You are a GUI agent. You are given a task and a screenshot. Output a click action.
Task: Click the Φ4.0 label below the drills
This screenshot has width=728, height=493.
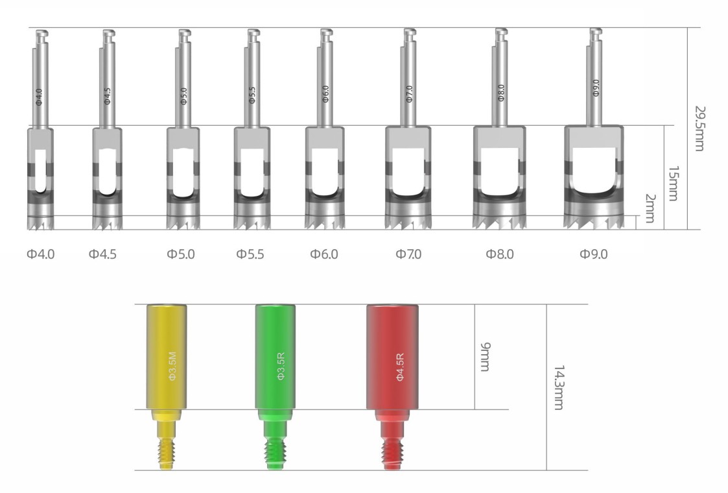pos(40,254)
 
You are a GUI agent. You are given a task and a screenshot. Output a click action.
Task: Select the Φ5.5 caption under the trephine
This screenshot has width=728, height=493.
pos(250,254)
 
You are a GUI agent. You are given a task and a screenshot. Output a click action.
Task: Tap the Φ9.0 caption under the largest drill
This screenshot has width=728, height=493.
pos(593,254)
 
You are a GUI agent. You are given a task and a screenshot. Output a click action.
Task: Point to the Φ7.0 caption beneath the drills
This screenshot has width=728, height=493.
pos(408,254)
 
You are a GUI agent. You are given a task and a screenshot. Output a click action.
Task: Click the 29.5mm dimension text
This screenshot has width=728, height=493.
pos(699,128)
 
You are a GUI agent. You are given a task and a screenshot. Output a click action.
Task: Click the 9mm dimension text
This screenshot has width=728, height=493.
pos(484,357)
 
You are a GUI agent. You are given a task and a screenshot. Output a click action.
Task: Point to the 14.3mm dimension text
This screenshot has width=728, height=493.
pos(559,387)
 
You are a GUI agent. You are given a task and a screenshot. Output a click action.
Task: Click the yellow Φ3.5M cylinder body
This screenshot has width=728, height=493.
pos(167,357)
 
